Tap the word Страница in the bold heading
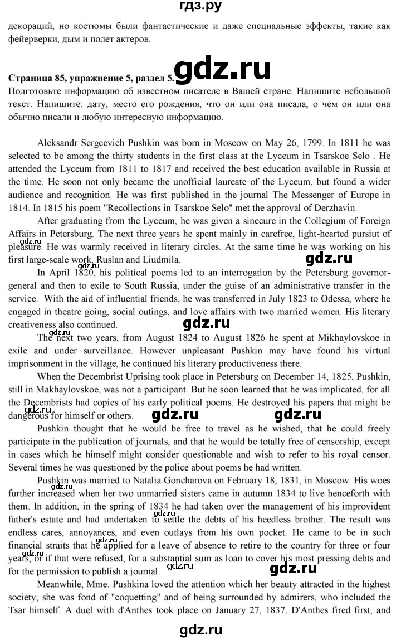pyautogui.click(x=31, y=79)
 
